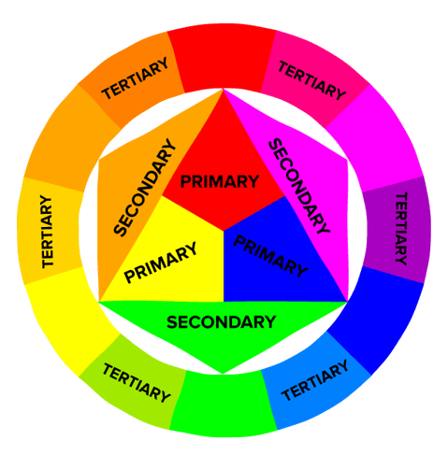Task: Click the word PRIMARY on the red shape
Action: coord(220,181)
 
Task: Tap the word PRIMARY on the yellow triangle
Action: coord(161,262)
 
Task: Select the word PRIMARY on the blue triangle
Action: coord(270,256)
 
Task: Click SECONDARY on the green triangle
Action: coord(222,322)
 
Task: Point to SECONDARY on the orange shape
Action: coord(145,188)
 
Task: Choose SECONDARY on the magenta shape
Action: coord(298,186)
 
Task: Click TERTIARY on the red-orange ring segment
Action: coord(135,78)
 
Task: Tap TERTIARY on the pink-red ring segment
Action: coord(311,80)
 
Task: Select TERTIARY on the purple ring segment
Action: coord(401,228)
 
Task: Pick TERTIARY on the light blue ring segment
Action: coord(315,380)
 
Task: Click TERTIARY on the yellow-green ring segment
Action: coord(137,383)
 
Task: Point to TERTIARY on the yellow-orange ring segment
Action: coord(47,232)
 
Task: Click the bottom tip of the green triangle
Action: coord(223,374)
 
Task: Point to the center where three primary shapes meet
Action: coord(224,231)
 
